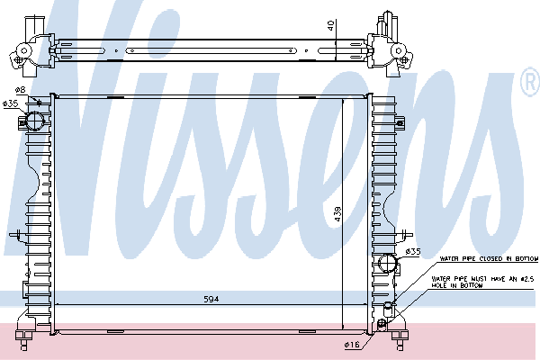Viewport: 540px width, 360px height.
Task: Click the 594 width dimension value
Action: click(211, 298)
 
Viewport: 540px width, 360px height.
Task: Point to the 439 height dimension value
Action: click(337, 216)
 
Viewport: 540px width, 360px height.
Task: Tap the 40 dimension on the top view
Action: click(331, 25)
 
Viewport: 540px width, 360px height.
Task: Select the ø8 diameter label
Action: click(21, 91)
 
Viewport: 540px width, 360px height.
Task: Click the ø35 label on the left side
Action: click(11, 104)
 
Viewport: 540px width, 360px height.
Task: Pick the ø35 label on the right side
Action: click(413, 251)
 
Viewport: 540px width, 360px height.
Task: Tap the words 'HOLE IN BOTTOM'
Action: click(463, 286)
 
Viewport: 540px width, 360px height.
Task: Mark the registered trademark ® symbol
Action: click(530, 84)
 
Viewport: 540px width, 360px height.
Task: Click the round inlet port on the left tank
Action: click(35, 121)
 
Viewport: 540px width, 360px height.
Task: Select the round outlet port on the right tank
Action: click(387, 264)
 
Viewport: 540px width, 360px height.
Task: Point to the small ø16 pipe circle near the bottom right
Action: click(385, 323)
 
